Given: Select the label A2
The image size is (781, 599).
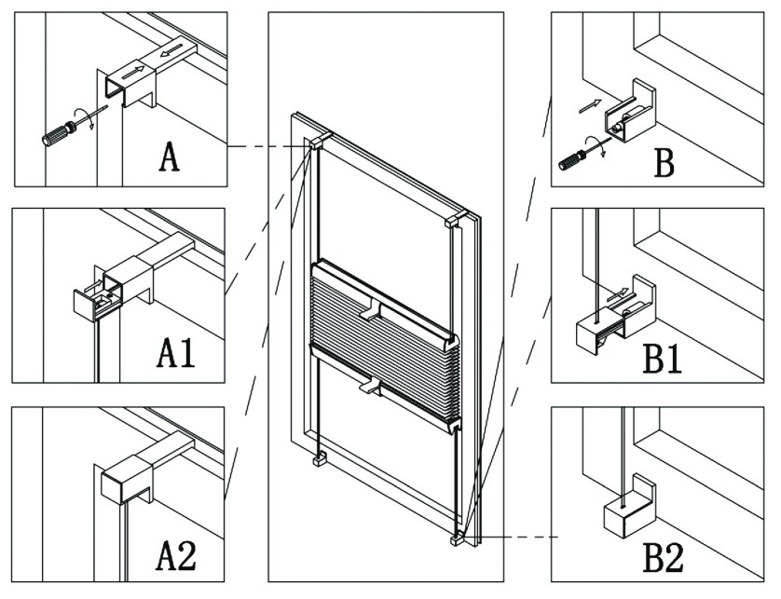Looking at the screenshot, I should pyautogui.click(x=175, y=555).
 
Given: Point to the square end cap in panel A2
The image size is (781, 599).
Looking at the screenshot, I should pyautogui.click(x=123, y=481).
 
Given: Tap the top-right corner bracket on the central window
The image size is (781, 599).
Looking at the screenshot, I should pyautogui.click(x=454, y=222).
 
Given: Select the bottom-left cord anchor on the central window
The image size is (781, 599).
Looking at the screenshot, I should pyautogui.click(x=319, y=458).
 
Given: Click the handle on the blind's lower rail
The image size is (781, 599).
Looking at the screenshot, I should pyautogui.click(x=371, y=383).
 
